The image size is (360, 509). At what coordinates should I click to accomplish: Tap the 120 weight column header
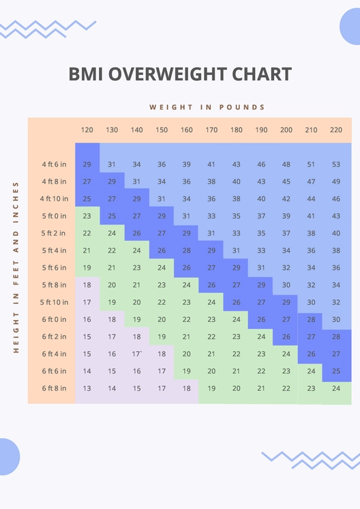(87, 130)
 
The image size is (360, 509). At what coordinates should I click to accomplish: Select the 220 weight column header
(336, 130)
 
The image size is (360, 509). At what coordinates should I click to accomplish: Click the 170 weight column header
(211, 130)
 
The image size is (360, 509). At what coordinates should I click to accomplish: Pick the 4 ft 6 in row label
(54, 164)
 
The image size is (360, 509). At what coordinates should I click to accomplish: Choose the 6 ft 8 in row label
(54, 388)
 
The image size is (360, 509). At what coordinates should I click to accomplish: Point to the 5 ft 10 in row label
(54, 302)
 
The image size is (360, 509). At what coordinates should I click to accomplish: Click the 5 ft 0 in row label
(54, 216)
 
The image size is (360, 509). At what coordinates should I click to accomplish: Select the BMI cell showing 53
(336, 164)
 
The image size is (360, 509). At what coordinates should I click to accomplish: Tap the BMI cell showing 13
(87, 388)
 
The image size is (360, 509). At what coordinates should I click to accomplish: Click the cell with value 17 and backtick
(137, 354)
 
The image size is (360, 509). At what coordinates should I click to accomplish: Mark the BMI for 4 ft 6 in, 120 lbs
(87, 164)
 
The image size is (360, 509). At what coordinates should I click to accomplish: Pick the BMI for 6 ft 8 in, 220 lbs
(336, 388)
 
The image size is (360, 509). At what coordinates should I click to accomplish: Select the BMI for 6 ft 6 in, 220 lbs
(336, 371)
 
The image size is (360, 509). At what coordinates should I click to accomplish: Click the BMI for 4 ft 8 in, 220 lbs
(336, 181)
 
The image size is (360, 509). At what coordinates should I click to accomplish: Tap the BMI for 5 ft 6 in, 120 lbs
(87, 268)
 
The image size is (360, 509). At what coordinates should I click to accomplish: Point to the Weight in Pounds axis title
(207, 107)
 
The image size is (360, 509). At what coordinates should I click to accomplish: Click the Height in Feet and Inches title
(15, 267)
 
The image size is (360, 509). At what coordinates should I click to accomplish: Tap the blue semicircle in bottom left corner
(8, 456)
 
